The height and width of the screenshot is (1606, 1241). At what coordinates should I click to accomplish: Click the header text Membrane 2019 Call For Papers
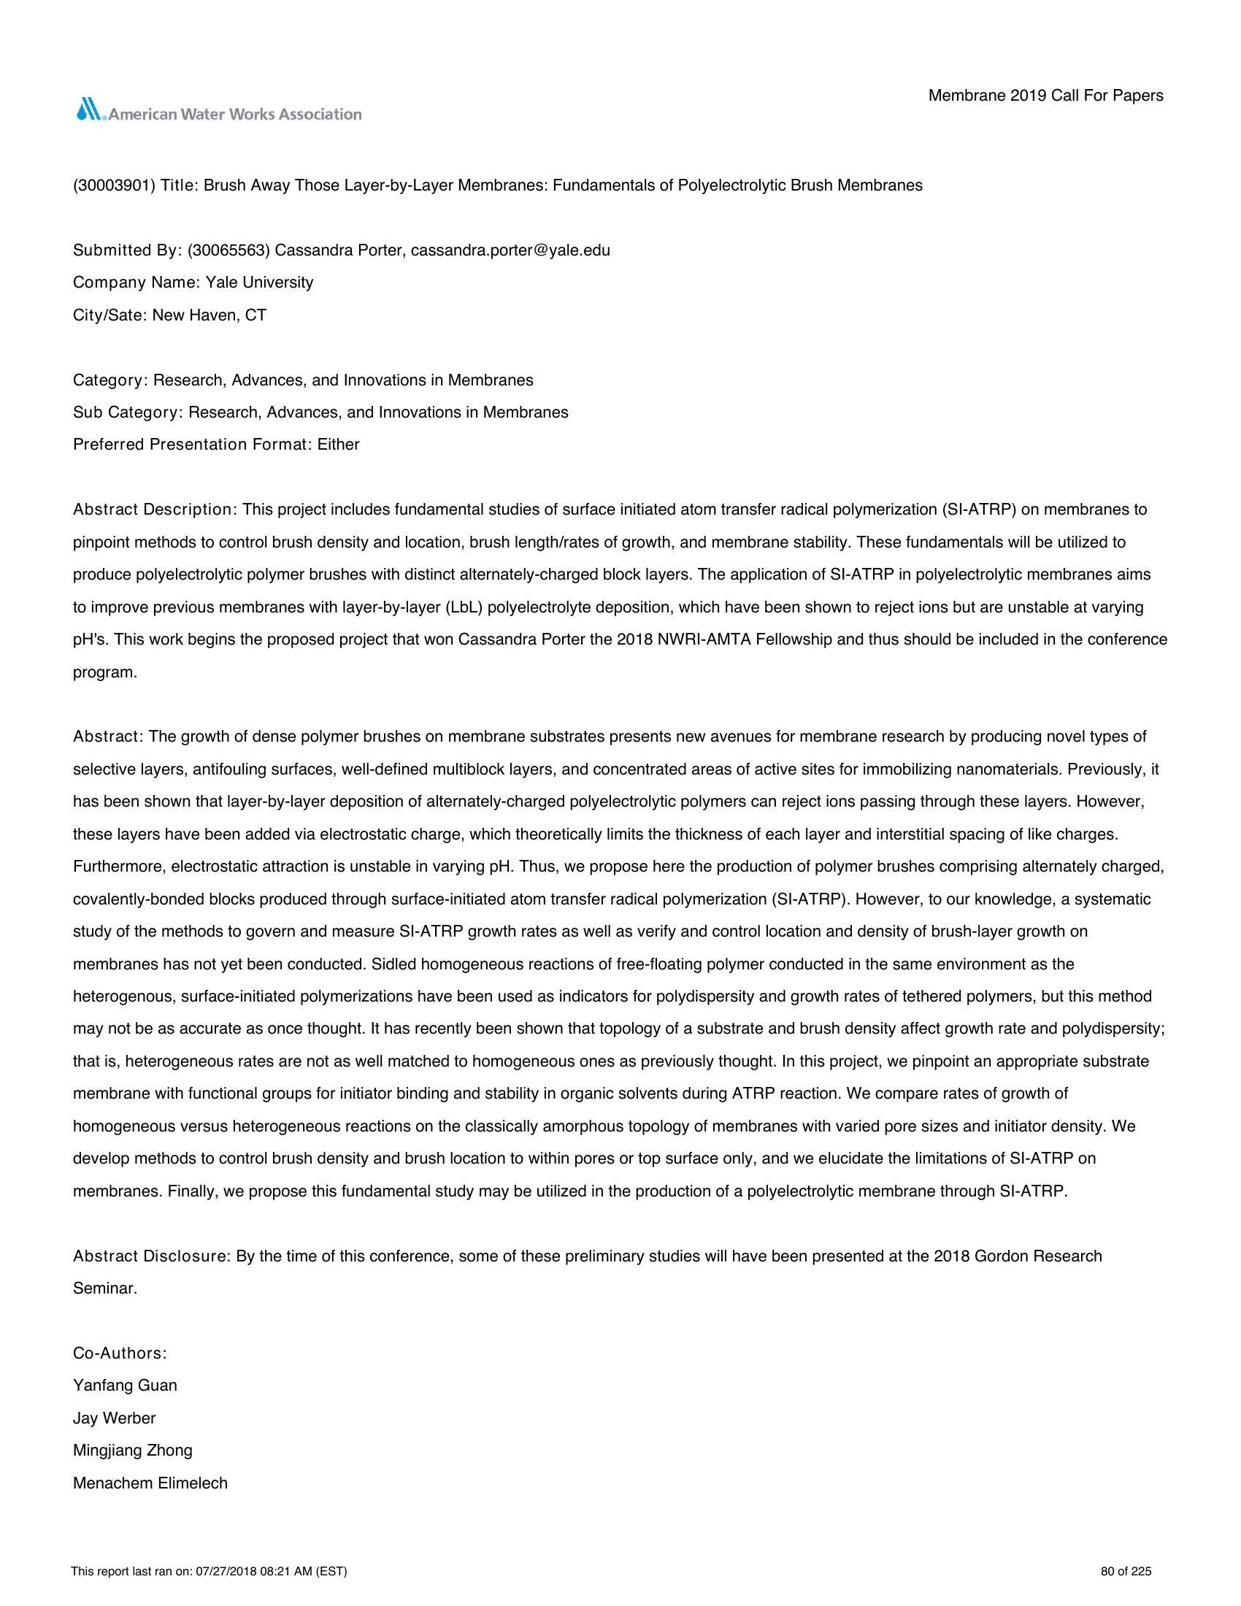point(1045,96)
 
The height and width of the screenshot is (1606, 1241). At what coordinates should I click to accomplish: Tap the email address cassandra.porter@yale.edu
point(510,250)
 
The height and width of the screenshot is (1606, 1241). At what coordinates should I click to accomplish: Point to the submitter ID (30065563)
point(228,250)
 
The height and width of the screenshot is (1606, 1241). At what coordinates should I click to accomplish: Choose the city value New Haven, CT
point(209,315)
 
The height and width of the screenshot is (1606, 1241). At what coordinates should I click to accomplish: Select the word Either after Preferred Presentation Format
point(338,444)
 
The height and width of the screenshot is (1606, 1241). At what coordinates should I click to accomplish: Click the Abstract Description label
point(153,510)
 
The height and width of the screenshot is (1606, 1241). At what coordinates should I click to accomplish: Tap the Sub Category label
point(126,412)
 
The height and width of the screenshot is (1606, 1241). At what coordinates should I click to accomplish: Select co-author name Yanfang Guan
point(125,1386)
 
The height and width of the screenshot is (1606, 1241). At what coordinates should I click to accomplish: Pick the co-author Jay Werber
point(114,1418)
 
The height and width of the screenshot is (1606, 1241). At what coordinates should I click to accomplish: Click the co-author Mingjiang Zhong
point(132,1450)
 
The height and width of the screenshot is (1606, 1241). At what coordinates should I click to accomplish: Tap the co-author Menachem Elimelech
point(150,1483)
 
